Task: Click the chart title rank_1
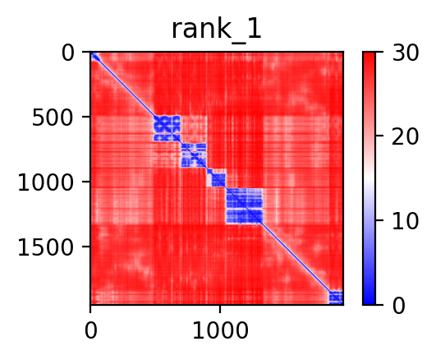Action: (x=216, y=30)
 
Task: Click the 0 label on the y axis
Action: (x=68, y=53)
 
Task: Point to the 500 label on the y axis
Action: (x=53, y=118)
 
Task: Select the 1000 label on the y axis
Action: (x=46, y=183)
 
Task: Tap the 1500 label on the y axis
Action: (x=46, y=247)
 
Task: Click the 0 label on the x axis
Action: (x=91, y=330)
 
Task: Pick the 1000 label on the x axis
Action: (x=220, y=330)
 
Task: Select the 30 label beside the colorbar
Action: (x=405, y=53)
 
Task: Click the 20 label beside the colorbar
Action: (x=405, y=137)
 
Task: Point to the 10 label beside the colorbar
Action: (x=405, y=221)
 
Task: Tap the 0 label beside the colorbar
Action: (x=398, y=306)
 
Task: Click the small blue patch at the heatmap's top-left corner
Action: (x=95, y=57)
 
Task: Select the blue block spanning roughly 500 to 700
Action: (x=167, y=128)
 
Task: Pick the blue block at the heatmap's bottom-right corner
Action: (x=336, y=298)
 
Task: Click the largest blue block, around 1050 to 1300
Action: (x=245, y=206)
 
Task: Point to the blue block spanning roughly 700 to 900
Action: (x=194, y=155)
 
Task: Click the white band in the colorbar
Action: (x=369, y=178)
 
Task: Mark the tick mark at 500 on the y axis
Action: (x=86, y=117)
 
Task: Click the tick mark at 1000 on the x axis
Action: (x=220, y=309)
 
